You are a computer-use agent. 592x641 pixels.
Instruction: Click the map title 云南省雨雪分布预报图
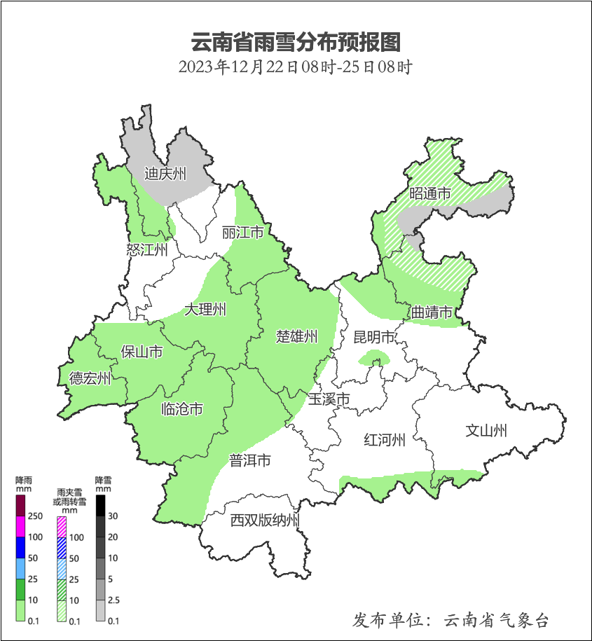point(296,42)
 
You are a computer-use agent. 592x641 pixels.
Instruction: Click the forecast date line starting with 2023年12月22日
point(295,67)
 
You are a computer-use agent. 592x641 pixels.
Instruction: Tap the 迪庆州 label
point(165,174)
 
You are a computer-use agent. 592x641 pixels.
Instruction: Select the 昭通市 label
point(429,193)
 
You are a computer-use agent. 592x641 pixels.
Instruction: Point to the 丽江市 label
point(242,232)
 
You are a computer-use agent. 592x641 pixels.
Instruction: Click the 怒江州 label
point(147,249)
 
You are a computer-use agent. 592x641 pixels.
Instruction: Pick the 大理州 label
point(205,310)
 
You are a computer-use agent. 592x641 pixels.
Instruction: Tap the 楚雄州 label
point(296,336)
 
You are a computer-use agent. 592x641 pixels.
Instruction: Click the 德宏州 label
point(90,378)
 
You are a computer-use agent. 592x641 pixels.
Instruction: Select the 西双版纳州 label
point(266,521)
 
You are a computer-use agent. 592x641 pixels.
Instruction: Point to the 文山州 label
point(486,430)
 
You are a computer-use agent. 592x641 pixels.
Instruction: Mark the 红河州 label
point(385,440)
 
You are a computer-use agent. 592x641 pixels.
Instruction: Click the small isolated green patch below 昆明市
point(374,359)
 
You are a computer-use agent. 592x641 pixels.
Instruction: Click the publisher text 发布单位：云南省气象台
point(450,620)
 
